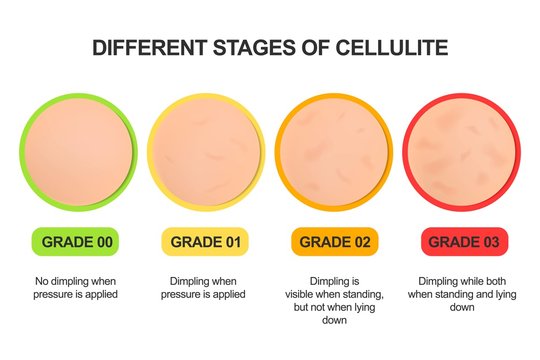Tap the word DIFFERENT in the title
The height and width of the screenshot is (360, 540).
point(151,47)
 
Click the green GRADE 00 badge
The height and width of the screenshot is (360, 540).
point(75,241)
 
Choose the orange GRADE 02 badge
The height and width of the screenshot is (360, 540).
point(335,241)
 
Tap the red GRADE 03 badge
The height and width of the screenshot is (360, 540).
point(465,241)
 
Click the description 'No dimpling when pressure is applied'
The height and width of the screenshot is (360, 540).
point(75,287)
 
